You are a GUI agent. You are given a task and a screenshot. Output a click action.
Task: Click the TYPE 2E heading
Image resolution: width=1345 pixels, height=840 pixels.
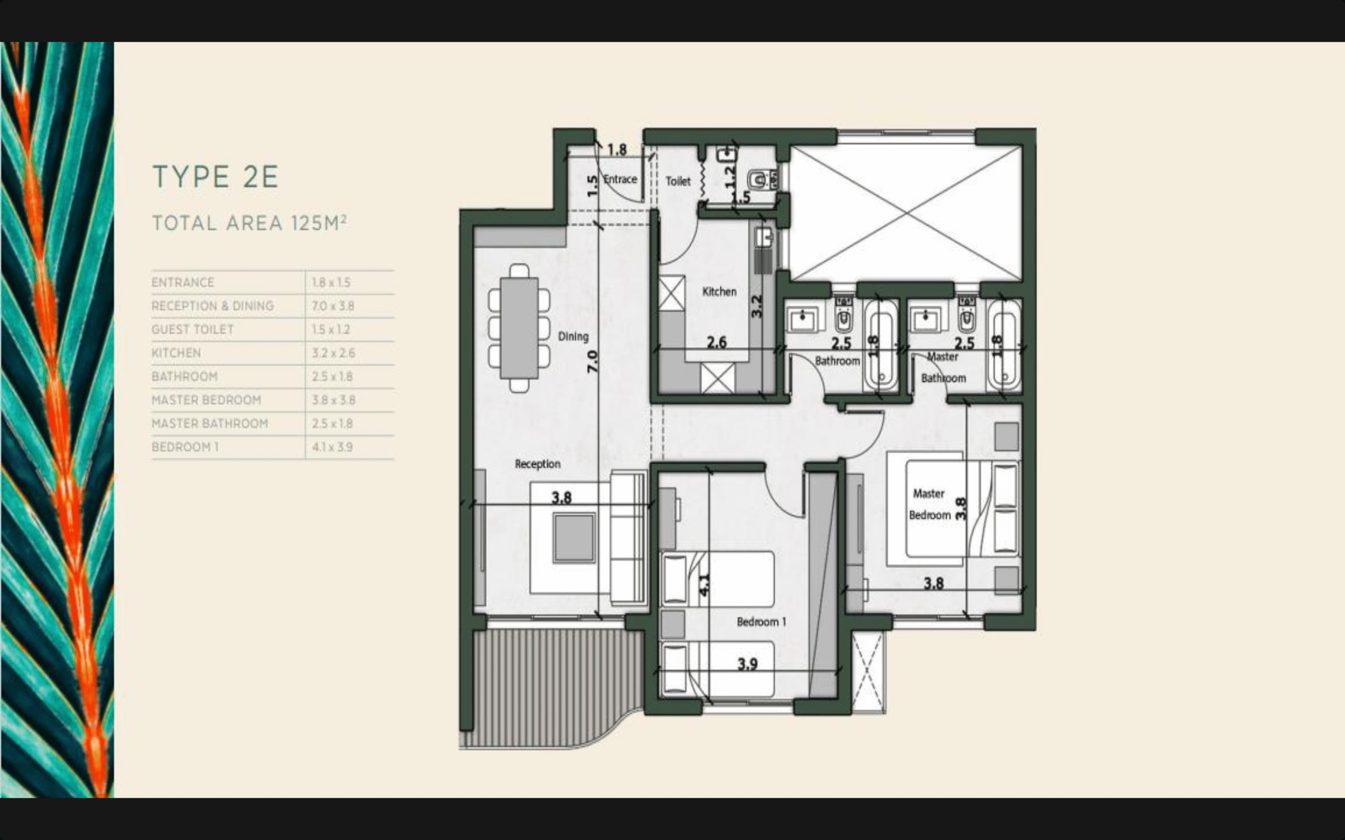pyautogui.click(x=215, y=177)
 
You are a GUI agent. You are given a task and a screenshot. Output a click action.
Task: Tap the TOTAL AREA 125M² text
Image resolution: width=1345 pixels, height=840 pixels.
pyautogui.click(x=250, y=223)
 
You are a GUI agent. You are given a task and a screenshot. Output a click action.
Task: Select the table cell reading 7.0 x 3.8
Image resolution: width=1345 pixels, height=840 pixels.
pyautogui.click(x=333, y=306)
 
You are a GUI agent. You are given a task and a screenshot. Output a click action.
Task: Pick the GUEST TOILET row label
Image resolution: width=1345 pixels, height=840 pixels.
pyautogui.click(x=192, y=330)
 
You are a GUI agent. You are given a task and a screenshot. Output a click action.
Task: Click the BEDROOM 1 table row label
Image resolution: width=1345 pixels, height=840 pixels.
pyautogui.click(x=185, y=447)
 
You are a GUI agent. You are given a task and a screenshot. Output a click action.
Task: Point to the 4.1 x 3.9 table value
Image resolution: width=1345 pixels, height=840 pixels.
pyautogui.click(x=333, y=447)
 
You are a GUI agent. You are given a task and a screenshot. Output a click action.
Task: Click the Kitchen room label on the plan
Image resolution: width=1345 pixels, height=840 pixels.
pyautogui.click(x=719, y=292)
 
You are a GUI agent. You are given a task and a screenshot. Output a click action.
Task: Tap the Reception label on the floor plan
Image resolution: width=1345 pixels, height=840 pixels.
pyautogui.click(x=537, y=464)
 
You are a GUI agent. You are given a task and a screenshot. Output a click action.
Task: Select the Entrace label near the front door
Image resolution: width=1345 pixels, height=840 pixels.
pyautogui.click(x=620, y=180)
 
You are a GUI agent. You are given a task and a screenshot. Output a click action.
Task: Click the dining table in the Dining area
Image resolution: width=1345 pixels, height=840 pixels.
pyautogui.click(x=519, y=328)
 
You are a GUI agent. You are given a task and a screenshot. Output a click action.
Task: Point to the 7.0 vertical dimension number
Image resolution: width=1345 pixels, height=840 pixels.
pyautogui.click(x=593, y=362)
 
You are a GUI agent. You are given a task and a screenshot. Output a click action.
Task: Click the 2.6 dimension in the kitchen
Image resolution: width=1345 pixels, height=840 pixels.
pyautogui.click(x=717, y=342)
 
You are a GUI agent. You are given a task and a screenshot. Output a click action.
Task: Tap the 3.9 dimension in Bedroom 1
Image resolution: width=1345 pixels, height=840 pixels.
pyautogui.click(x=748, y=664)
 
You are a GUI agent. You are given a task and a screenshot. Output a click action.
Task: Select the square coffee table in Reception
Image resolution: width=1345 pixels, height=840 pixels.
pyautogui.click(x=574, y=538)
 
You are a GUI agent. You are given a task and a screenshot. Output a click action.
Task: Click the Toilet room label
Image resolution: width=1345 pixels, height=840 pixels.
pyautogui.click(x=678, y=181)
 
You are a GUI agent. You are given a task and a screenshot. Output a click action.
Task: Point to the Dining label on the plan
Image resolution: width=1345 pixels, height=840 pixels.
pyautogui.click(x=573, y=337)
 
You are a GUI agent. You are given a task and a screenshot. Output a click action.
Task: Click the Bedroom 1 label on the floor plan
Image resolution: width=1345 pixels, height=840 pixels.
pyautogui.click(x=761, y=622)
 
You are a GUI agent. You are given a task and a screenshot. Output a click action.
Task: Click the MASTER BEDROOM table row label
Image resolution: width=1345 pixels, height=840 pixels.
pyautogui.click(x=206, y=400)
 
